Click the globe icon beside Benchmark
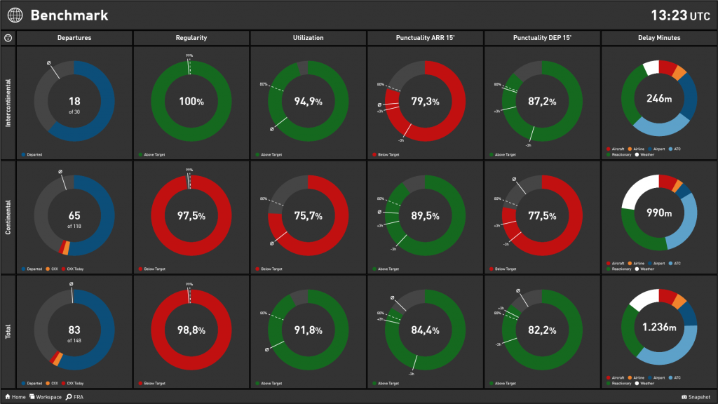[15, 15]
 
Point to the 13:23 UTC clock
[680, 15]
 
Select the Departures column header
[74, 38]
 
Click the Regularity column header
[191, 38]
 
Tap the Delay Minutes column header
[659, 38]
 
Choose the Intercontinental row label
[8, 102]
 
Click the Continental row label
[8, 217]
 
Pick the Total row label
[8, 331]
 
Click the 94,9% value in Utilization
[309, 102]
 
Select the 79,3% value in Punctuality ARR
[426, 102]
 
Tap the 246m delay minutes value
[659, 99]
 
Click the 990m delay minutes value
[659, 213]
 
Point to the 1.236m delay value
[659, 327]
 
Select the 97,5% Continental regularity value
[191, 216]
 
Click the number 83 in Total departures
[74, 329]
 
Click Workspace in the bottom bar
[46, 397]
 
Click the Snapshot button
[696, 397]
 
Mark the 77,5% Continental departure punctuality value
[543, 216]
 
